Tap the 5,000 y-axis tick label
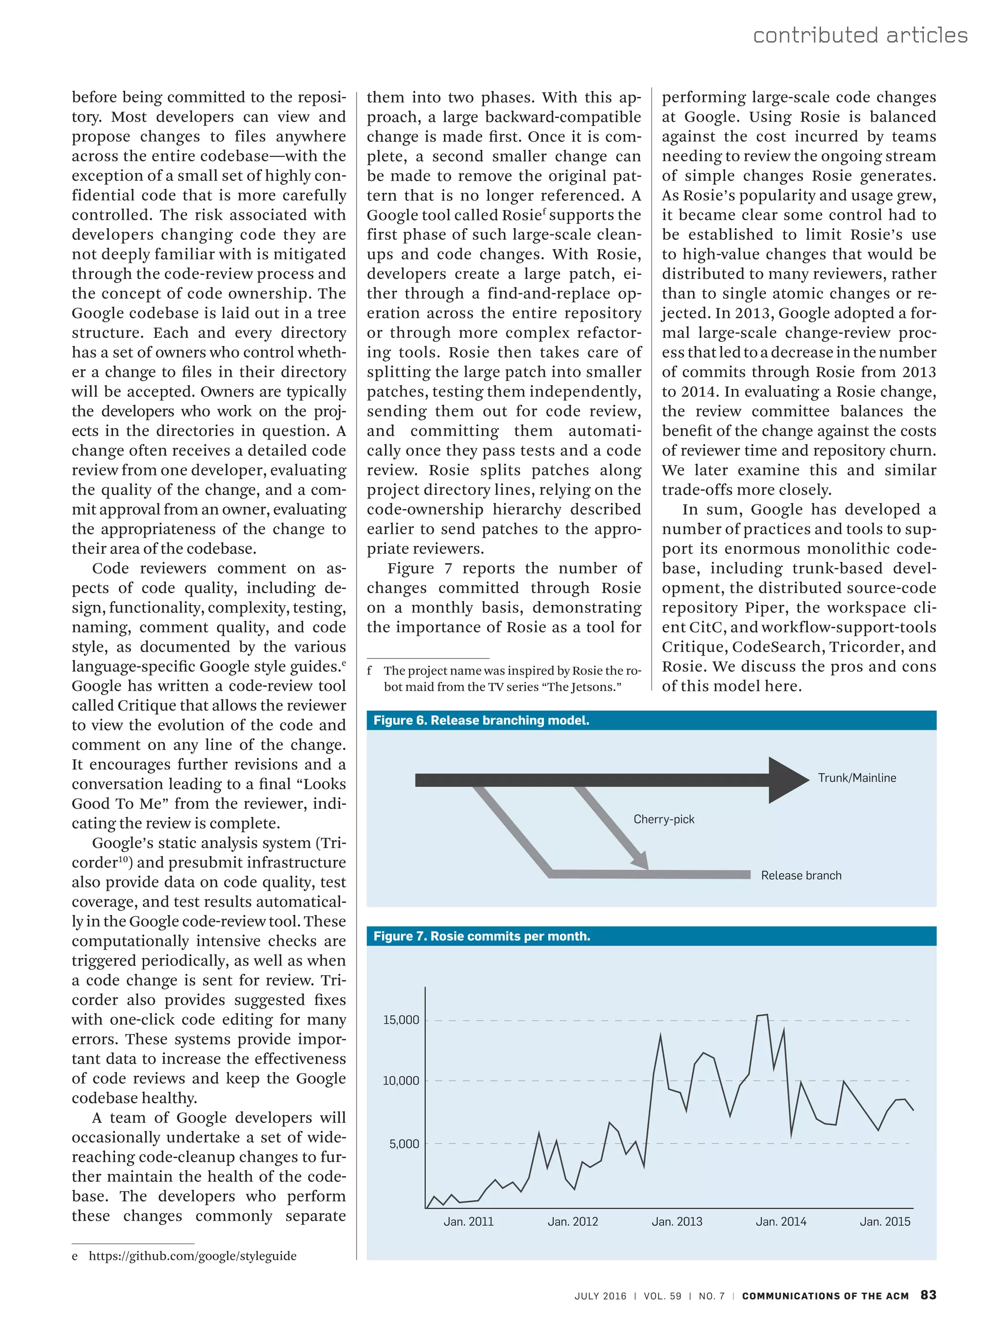click(403, 1144)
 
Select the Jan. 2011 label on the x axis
click(468, 1221)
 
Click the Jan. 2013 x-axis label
click(676, 1221)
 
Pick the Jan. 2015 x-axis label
click(884, 1221)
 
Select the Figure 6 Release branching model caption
click(480, 720)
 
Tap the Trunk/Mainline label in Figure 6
click(856, 778)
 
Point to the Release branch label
click(801, 875)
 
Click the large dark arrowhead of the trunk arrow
click(787, 780)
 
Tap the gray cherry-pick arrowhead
click(641, 860)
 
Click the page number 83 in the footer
click(928, 1295)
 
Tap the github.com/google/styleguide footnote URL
click(192, 1256)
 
